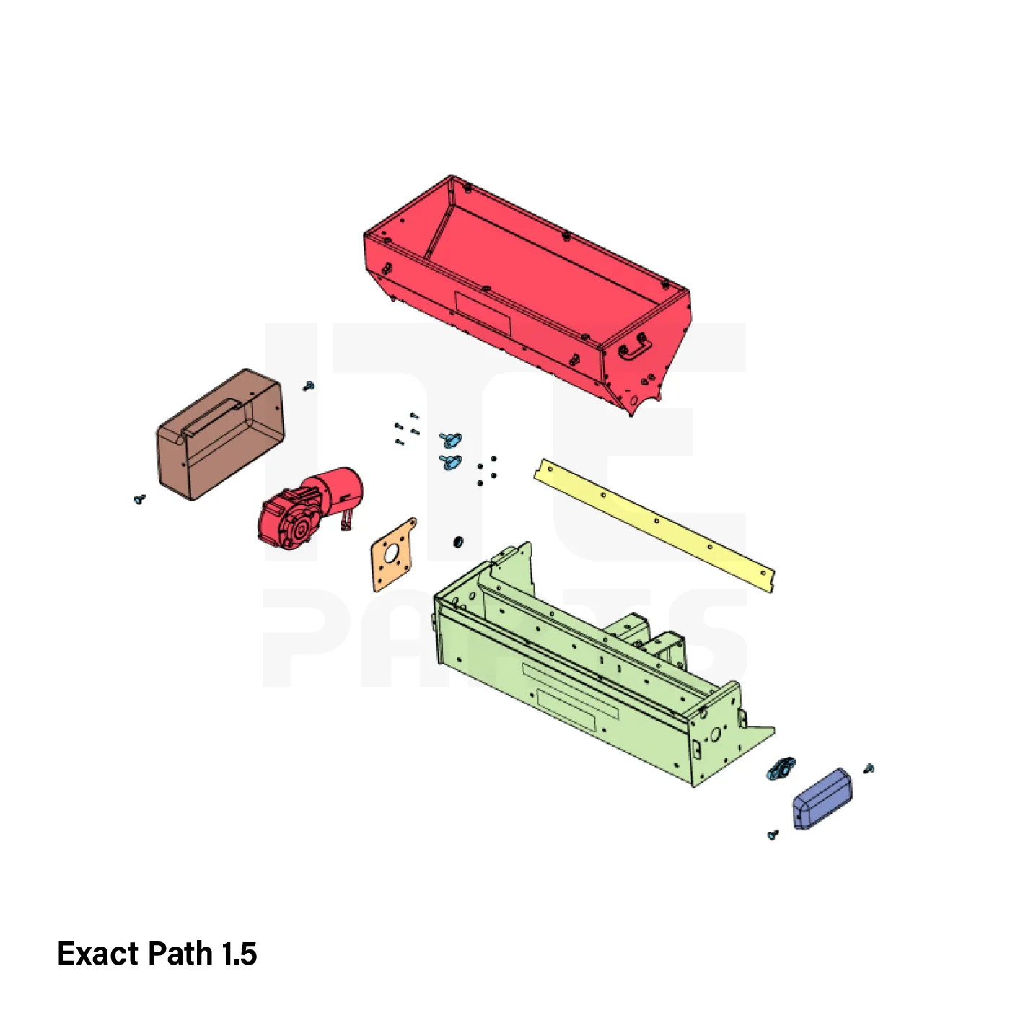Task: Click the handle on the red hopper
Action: [634, 348]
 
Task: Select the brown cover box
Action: [221, 434]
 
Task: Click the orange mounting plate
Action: [394, 553]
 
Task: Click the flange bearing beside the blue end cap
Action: [781, 768]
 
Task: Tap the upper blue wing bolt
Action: [450, 438]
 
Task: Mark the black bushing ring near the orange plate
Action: [459, 540]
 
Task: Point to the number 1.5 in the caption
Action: [239, 953]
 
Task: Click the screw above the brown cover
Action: [309, 386]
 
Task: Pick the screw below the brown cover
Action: [140, 499]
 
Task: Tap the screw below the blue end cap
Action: [773, 834]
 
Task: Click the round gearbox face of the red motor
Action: [301, 531]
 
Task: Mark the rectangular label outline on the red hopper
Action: [483, 313]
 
